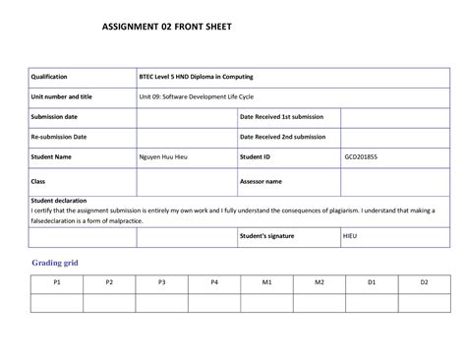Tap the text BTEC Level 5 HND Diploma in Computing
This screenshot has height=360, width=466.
coord(197,77)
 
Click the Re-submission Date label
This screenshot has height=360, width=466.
coord(58,137)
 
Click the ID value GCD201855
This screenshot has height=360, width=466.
coord(362,156)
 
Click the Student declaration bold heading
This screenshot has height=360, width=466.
coord(64,201)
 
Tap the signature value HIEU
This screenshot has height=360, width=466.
coord(351,237)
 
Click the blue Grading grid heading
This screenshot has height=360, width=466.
coord(61,264)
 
